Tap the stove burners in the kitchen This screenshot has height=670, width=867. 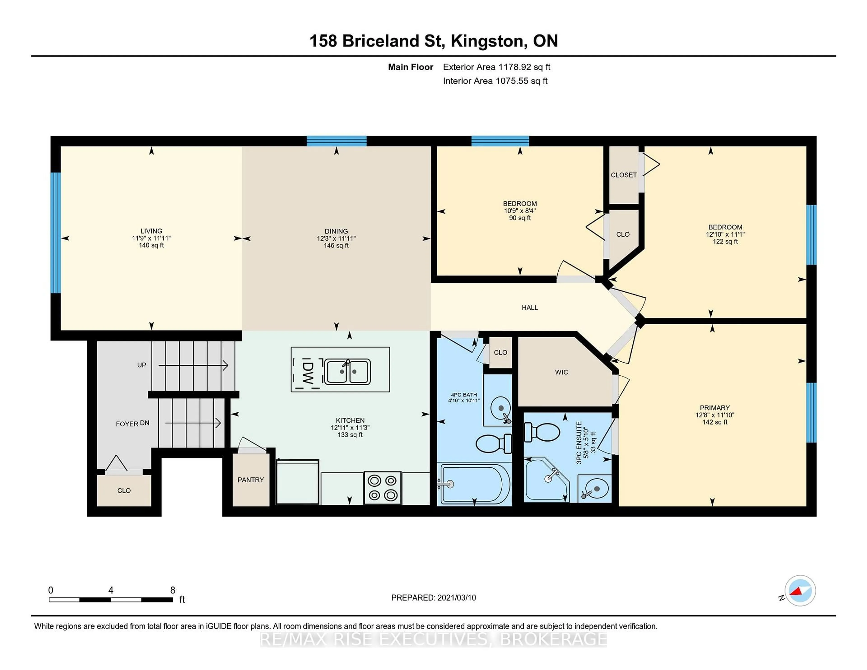pos(382,488)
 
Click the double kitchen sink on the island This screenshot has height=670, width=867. pos(348,372)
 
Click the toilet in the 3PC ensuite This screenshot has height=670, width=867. pos(542,432)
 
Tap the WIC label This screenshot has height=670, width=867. pos(561,372)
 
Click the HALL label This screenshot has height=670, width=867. pos(529,308)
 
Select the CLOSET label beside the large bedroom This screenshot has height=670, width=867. pos(624,175)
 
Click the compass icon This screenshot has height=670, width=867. pos(800,591)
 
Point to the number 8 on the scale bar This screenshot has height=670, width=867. pos(173,590)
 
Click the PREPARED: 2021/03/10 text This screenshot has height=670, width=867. pos(433,598)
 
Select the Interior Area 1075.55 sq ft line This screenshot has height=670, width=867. pos(495,81)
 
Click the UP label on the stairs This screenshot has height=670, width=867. pos(142,365)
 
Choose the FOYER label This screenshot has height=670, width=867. pos(127,424)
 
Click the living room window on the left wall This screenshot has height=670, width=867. pos(56,233)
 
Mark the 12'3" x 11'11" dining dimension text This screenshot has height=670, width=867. pos(336,239)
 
